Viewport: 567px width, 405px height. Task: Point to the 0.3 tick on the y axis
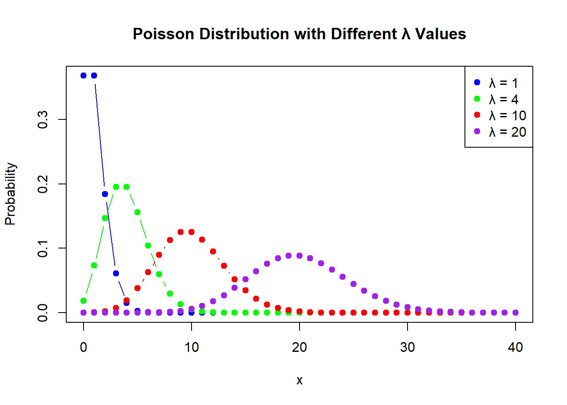pos(43,120)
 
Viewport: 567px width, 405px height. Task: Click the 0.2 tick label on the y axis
pos(43,184)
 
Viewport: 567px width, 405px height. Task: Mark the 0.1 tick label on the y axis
pos(43,248)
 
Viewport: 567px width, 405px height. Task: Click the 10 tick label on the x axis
pos(192,347)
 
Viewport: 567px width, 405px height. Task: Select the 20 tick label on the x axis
pos(300,347)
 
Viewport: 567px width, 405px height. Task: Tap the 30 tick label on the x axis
pos(408,347)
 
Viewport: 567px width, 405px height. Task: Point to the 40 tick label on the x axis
pos(516,347)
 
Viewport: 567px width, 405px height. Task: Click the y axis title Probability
pos(11,194)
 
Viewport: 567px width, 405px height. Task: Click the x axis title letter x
pos(300,381)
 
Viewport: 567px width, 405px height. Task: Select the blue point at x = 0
pos(84,76)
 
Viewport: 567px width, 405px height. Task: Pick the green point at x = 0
pos(84,301)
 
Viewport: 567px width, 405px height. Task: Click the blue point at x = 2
pos(105,194)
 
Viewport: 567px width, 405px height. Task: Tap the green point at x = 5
pos(138,212)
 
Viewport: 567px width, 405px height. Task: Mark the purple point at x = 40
pos(516,313)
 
